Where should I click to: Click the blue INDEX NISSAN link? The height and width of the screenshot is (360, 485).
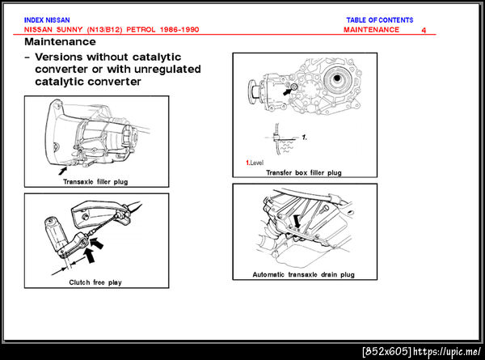click(x=47, y=20)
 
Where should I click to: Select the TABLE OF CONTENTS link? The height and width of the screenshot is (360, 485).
click(x=380, y=20)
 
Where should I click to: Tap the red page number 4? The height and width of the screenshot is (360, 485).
click(x=424, y=30)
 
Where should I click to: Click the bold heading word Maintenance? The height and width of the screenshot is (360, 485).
click(x=60, y=42)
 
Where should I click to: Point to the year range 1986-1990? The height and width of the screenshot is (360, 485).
click(x=179, y=30)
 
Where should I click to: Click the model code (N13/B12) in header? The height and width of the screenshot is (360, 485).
click(x=105, y=30)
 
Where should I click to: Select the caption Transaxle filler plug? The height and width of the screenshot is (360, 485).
click(x=95, y=182)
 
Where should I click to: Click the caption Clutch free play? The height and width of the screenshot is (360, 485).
click(x=95, y=282)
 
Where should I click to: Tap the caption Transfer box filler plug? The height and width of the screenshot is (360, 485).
click(x=304, y=173)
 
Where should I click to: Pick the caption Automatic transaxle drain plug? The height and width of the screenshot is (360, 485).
click(x=303, y=274)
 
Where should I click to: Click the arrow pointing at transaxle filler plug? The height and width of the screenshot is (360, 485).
click(x=63, y=171)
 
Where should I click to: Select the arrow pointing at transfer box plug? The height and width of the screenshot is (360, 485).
click(x=287, y=91)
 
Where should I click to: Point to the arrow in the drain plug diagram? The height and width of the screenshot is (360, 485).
click(x=297, y=222)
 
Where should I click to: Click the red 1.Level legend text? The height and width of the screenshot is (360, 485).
click(x=255, y=163)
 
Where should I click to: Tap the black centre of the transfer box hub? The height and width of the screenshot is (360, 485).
click(x=337, y=78)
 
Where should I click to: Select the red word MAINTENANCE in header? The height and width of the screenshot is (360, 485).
click(x=371, y=30)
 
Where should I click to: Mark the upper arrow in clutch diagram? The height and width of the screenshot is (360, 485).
click(x=97, y=243)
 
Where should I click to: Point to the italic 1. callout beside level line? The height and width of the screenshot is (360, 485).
click(x=305, y=138)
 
